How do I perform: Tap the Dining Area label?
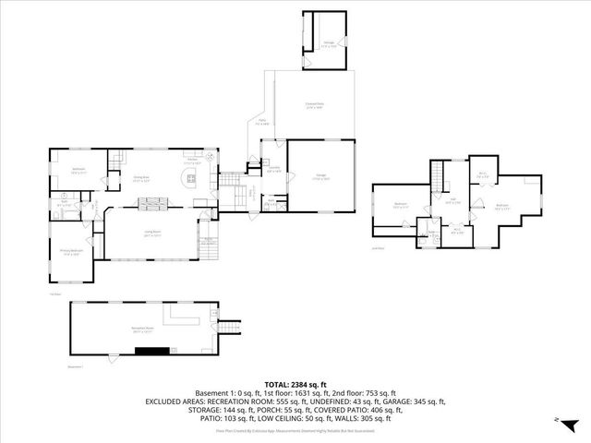click(x=141, y=180)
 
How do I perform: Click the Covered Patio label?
click(x=315, y=105)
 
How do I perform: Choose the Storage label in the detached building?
click(x=328, y=42)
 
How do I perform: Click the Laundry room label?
click(x=273, y=168)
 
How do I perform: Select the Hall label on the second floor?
click(x=453, y=200)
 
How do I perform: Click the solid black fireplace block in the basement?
click(x=152, y=351)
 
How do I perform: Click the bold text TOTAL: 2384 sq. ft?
click(x=295, y=384)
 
